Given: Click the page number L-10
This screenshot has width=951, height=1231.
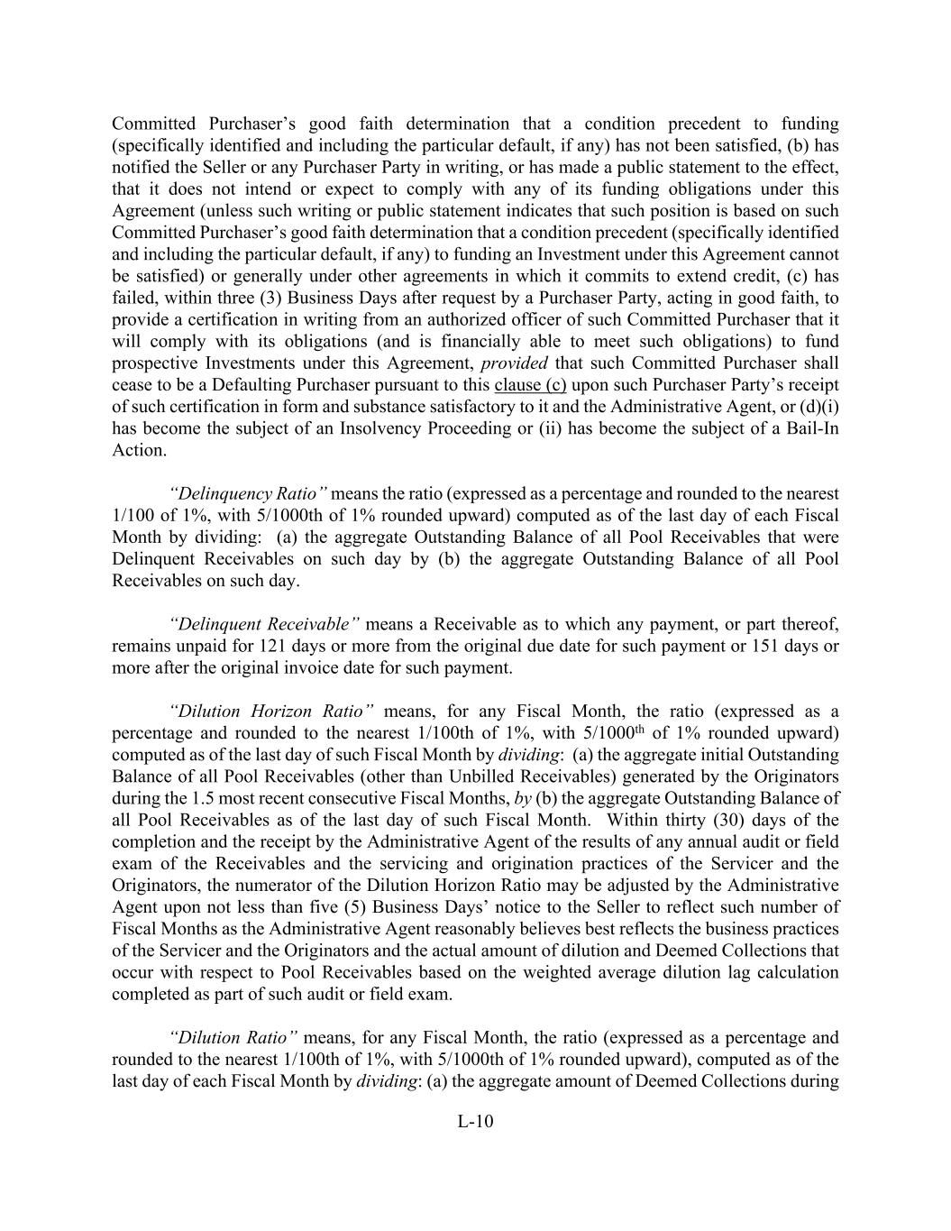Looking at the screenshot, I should pyautogui.click(x=475, y=1122).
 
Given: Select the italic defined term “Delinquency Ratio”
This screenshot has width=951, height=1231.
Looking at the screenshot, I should pyautogui.click(x=249, y=493).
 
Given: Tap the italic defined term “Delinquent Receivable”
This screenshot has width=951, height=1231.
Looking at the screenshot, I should pyautogui.click(x=265, y=624).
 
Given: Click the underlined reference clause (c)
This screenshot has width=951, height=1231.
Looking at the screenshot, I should pyautogui.click(x=530, y=385).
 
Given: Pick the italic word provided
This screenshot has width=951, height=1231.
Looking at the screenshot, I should pyautogui.click(x=508, y=363).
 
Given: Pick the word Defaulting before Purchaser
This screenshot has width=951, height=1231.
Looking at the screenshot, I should pyautogui.click(x=261, y=385).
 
